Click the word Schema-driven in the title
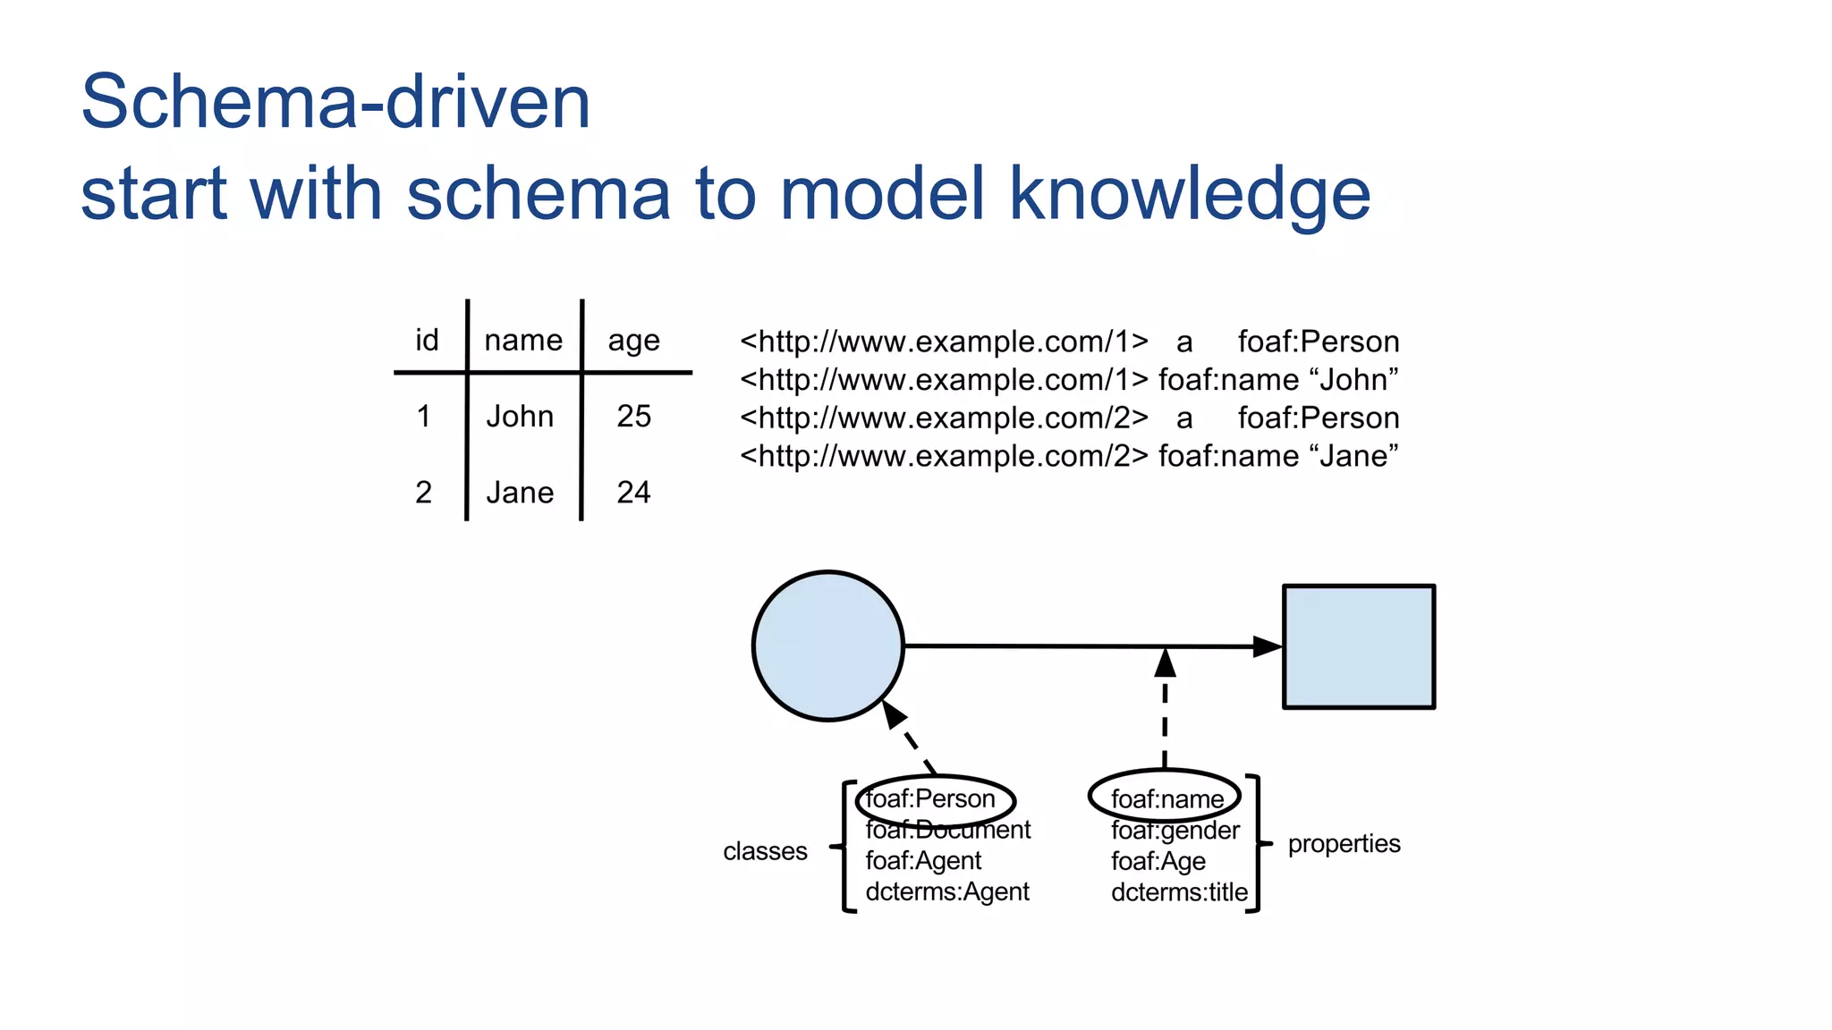click(335, 102)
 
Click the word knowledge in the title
click(1190, 194)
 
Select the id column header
click(427, 340)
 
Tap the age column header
click(633, 341)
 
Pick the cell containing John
click(520, 417)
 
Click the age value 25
click(633, 417)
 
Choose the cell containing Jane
click(520, 493)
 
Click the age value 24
click(633, 493)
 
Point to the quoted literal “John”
click(1359, 380)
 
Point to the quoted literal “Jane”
click(1359, 456)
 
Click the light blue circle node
click(828, 646)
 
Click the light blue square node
click(1359, 646)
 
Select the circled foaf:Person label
click(931, 798)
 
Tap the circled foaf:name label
click(1166, 798)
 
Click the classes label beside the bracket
click(765, 851)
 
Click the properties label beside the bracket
click(1344, 844)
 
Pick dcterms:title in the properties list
click(1179, 892)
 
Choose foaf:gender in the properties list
click(1175, 831)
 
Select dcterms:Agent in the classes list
click(947, 891)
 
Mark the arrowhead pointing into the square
click(1268, 646)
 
